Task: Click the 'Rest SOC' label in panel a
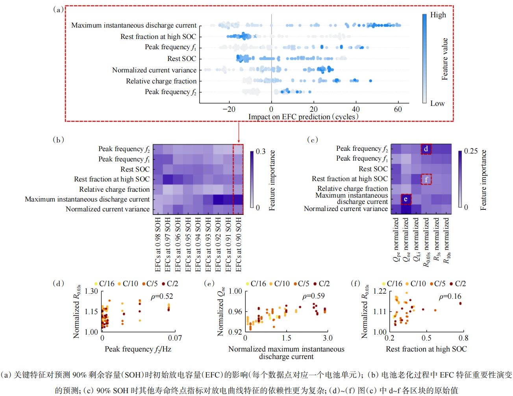(x=181, y=59)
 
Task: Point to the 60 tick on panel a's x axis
(x=398, y=109)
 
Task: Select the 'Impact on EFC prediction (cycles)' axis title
(x=303, y=117)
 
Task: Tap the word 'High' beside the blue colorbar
(x=438, y=15)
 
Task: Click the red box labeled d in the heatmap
(x=426, y=149)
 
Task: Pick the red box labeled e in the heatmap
(x=406, y=199)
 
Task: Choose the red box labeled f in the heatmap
(x=426, y=179)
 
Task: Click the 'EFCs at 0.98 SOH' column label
(x=158, y=244)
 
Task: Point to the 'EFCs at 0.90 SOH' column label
(x=239, y=244)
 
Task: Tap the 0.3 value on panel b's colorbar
(x=261, y=152)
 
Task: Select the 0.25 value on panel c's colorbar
(x=471, y=151)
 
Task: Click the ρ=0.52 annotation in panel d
(x=162, y=296)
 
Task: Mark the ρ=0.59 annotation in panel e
(x=313, y=296)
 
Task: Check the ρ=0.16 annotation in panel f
(x=450, y=296)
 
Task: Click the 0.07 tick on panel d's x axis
(x=175, y=338)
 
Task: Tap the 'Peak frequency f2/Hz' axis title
(x=138, y=349)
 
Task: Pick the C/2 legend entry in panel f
(x=458, y=284)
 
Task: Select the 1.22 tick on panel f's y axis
(x=380, y=291)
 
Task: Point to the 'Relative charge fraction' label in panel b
(x=114, y=189)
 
